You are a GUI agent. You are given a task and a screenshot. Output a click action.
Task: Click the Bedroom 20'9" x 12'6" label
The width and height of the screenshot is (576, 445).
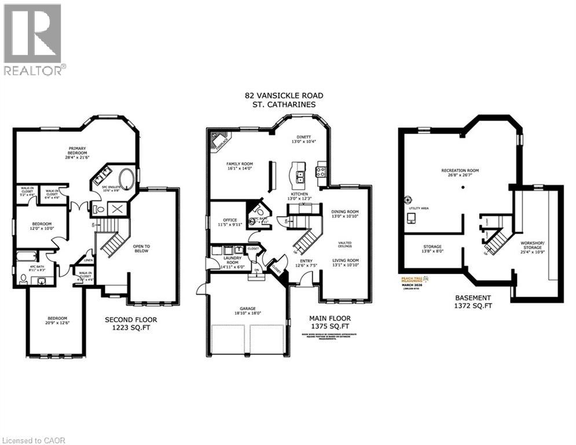click(x=57, y=321)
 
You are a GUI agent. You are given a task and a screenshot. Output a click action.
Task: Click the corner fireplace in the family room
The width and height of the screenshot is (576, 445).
click(x=221, y=142)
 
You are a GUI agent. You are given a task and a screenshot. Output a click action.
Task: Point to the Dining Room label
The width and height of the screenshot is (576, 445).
click(x=345, y=213)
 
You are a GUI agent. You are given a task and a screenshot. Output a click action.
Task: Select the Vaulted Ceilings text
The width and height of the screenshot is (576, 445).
click(x=345, y=245)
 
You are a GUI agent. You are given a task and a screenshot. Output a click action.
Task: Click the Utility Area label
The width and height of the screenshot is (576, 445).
click(x=418, y=206)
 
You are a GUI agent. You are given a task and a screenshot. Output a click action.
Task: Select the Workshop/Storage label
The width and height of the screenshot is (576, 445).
click(x=534, y=247)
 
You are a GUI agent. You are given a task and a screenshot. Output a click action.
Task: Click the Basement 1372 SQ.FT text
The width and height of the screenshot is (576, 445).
click(x=473, y=301)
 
